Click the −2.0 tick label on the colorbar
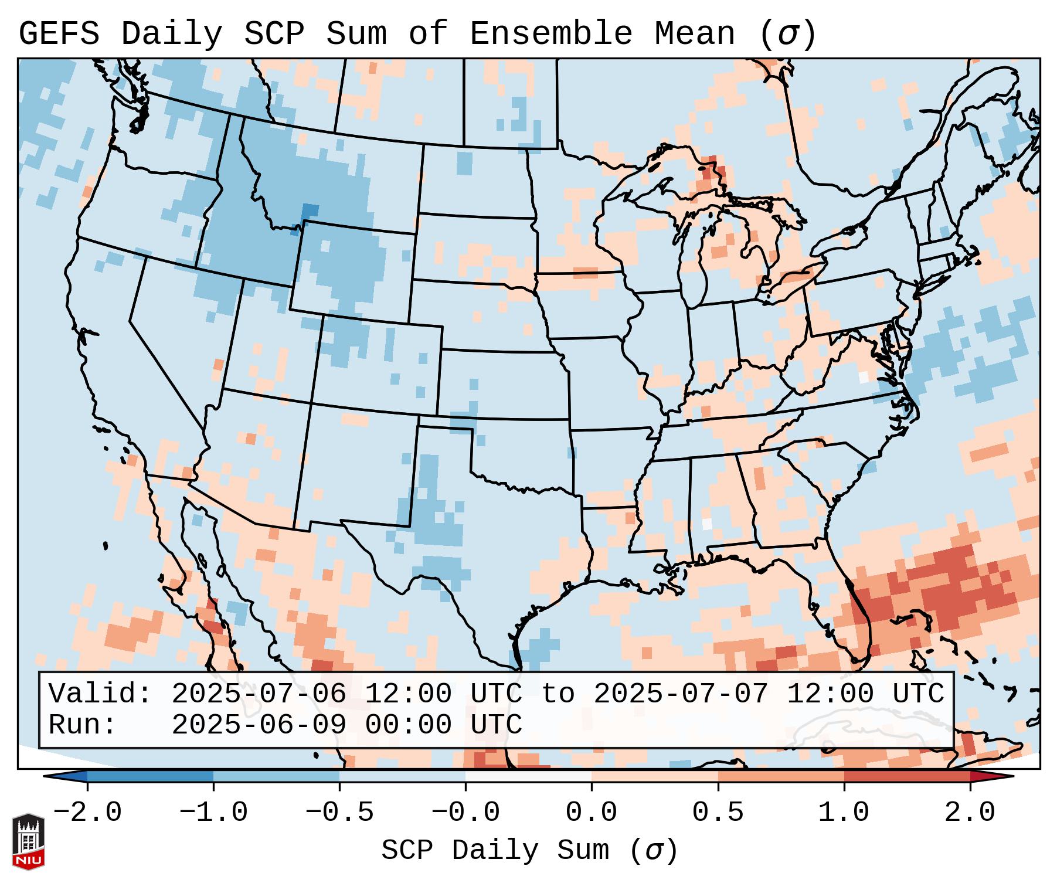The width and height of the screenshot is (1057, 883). pyautogui.click(x=87, y=813)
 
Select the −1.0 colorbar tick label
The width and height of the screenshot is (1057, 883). pyautogui.click(x=213, y=813)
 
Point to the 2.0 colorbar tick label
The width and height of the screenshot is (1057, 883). pyautogui.click(x=970, y=813)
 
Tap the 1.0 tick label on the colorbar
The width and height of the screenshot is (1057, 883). pyautogui.click(x=844, y=813)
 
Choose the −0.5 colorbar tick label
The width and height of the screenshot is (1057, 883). pyautogui.click(x=339, y=813)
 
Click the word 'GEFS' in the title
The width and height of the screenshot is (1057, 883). pyautogui.click(x=59, y=33)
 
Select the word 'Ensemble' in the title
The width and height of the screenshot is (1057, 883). pyautogui.click(x=551, y=33)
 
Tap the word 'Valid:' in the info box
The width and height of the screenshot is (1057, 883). pyautogui.click(x=100, y=694)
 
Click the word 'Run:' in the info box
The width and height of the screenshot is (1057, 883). pyautogui.click(x=83, y=725)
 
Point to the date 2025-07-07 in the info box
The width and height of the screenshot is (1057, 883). pyautogui.click(x=681, y=694)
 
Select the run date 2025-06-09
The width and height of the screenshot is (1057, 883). pyautogui.click(x=259, y=725)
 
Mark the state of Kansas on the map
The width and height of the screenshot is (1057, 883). pyautogui.click(x=501, y=384)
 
